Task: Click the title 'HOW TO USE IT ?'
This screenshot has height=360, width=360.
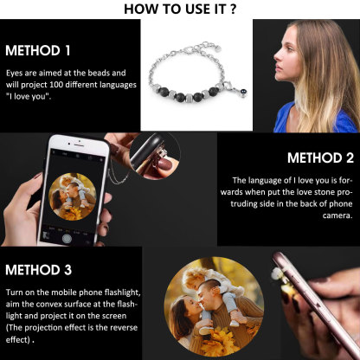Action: coord(180,10)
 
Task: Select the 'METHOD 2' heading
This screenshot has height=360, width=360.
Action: coord(319,158)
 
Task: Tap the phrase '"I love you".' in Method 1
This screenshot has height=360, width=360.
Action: coord(30,96)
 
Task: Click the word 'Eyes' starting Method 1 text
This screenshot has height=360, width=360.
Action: coord(15,74)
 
